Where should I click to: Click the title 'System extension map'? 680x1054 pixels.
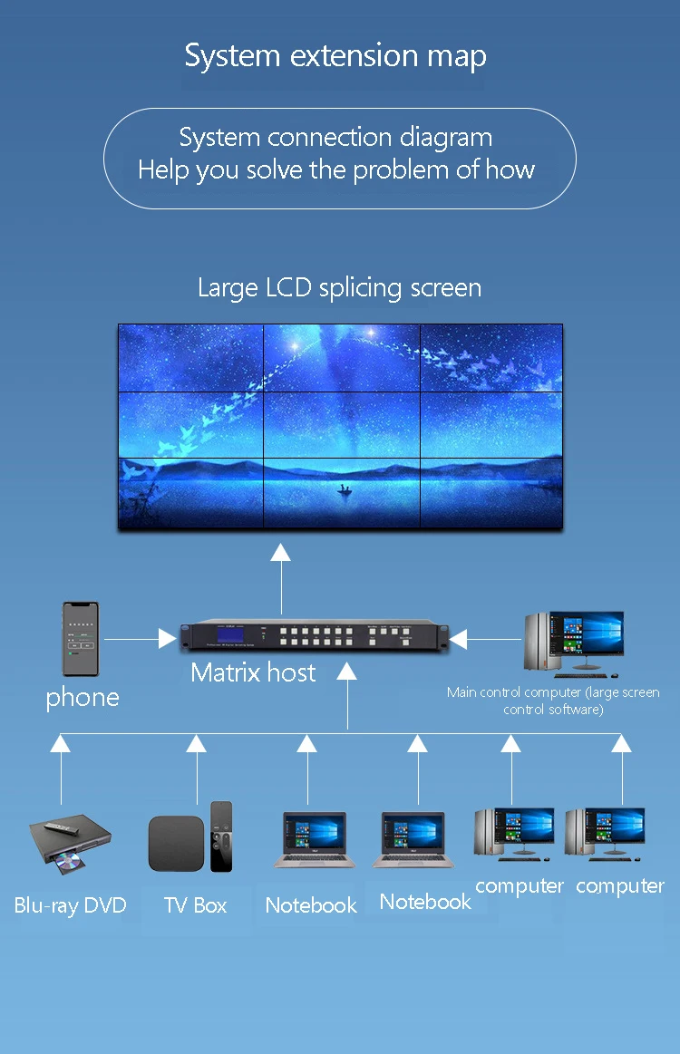335,56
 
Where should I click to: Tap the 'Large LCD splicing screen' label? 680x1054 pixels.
339,288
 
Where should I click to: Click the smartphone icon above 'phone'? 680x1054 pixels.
80,639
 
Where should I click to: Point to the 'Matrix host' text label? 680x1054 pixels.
253,672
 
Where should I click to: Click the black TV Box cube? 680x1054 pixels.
176,843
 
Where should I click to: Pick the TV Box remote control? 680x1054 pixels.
221,836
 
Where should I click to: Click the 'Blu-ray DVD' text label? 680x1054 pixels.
70,904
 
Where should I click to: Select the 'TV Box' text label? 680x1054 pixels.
195,904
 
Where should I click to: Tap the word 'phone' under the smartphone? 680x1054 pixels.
83,697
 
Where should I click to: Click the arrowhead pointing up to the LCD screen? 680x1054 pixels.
281,552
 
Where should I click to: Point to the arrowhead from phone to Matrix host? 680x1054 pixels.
167,639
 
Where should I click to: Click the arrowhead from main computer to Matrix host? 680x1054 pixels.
458,639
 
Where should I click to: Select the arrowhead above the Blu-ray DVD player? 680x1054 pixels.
61,744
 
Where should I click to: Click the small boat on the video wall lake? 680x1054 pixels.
345,490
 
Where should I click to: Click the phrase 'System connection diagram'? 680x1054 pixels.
335,138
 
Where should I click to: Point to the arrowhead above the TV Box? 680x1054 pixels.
196,744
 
